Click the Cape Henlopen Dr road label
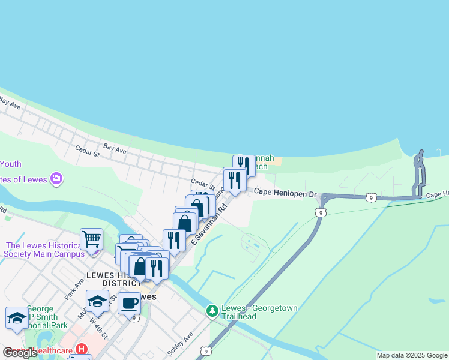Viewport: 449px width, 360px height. coord(285,193)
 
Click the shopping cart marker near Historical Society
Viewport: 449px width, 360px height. coord(91,239)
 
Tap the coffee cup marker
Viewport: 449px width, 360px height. coord(129,304)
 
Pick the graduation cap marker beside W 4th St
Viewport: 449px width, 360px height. coord(97,301)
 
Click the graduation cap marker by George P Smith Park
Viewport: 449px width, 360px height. coord(17,318)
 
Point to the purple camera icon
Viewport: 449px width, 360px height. coord(57,178)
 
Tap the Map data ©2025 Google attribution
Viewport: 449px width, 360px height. coord(412,355)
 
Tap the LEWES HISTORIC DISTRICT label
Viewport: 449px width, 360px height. coord(113,279)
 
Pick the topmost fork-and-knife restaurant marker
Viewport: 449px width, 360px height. coord(243,164)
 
